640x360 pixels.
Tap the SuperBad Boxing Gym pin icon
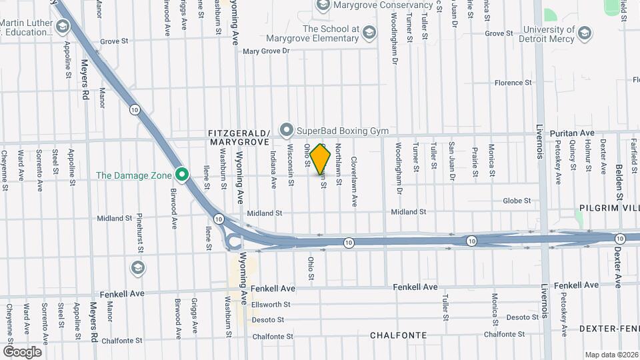click(287, 129)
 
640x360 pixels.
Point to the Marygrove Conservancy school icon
click(323, 6)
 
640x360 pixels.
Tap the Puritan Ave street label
click(571, 133)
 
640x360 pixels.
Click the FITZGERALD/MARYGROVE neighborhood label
click(239, 137)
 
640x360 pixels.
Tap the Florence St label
click(513, 83)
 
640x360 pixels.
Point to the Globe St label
click(517, 201)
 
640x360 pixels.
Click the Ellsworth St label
click(271, 305)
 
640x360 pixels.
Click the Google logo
click(22, 352)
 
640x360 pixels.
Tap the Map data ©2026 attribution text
click(611, 355)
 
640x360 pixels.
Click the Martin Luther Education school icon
click(63, 27)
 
